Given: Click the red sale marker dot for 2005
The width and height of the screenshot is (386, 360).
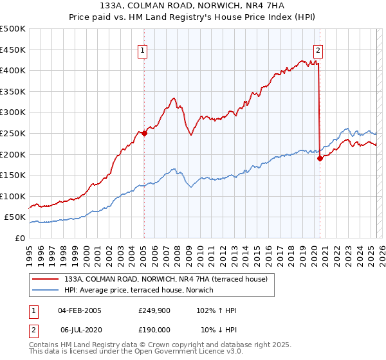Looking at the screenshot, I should (144, 134).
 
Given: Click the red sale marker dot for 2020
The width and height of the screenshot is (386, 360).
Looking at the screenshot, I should (320, 159).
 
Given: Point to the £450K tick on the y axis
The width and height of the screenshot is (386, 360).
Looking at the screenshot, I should (12, 50).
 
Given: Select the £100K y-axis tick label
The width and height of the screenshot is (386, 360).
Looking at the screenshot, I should (12, 196).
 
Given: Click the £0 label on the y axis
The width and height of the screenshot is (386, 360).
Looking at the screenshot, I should (21, 238).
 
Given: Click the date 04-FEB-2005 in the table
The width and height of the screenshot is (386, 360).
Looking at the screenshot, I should (79, 310).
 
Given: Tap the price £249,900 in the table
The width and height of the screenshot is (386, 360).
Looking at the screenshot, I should (154, 310).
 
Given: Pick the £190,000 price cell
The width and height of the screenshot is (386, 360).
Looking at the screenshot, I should (154, 328).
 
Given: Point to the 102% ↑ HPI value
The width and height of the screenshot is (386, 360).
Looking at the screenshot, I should (216, 310).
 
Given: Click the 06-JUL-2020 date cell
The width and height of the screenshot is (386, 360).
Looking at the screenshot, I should (80, 328).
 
